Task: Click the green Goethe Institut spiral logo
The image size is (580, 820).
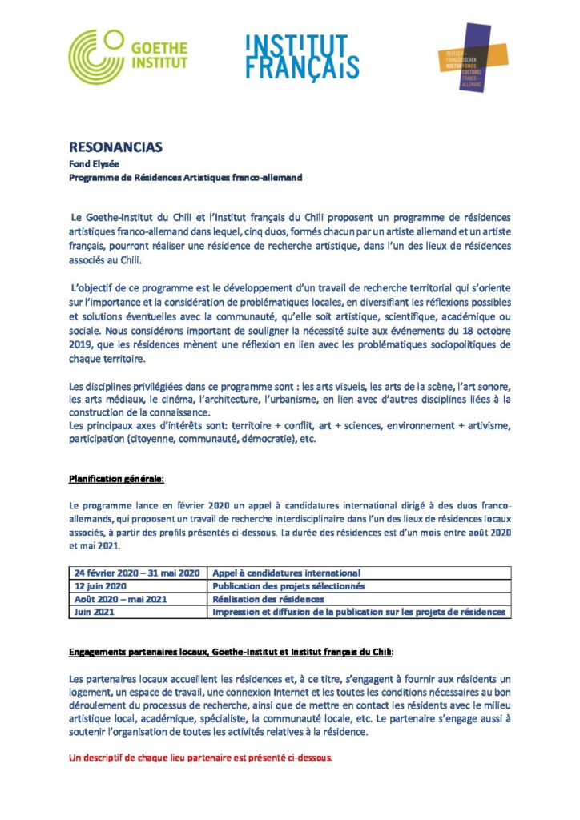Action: (96, 57)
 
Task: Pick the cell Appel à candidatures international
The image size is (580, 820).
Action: (286, 573)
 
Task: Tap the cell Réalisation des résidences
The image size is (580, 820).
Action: (268, 599)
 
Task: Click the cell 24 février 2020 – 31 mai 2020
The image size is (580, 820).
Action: (136, 573)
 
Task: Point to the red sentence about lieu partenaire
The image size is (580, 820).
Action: (199, 755)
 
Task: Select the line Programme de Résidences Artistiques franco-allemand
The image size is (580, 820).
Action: (185, 177)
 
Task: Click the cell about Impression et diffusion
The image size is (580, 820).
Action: (359, 612)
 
